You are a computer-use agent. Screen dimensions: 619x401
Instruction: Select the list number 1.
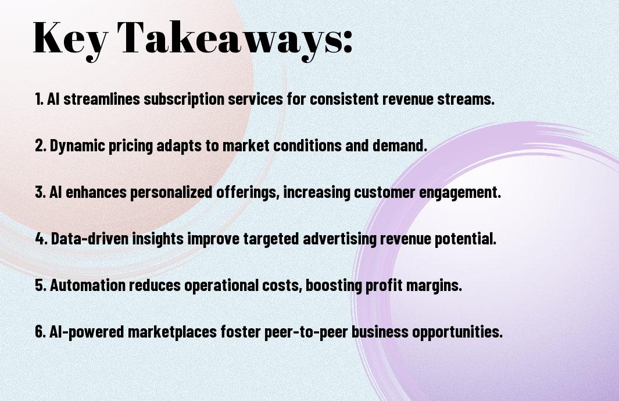pyautogui.click(x=39, y=100)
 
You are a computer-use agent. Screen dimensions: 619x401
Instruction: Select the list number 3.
pyautogui.click(x=40, y=193)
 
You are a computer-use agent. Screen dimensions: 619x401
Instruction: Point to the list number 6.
pyautogui.click(x=40, y=332)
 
